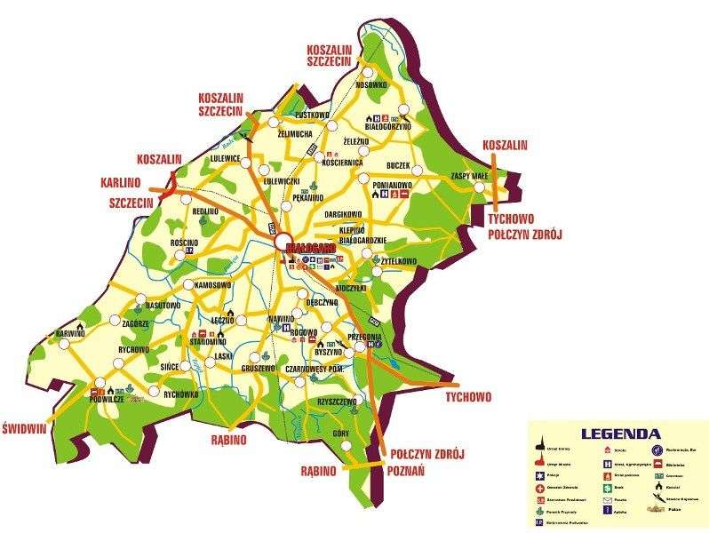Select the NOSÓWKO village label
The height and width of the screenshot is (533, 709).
tap(371, 85)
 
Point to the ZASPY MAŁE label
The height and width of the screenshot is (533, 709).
tap(471, 176)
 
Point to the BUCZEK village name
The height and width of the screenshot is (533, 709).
tap(398, 165)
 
